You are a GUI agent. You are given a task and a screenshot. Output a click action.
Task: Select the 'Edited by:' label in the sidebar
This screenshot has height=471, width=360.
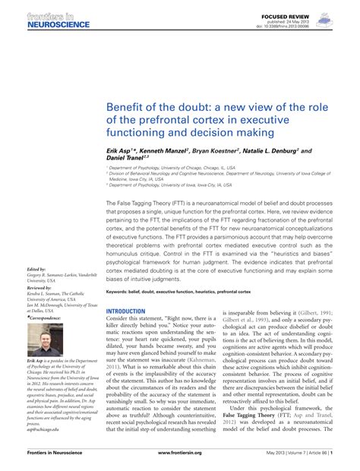click(x=36, y=269)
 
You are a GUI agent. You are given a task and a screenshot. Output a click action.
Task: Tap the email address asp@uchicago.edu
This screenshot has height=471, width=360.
click(x=47, y=428)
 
